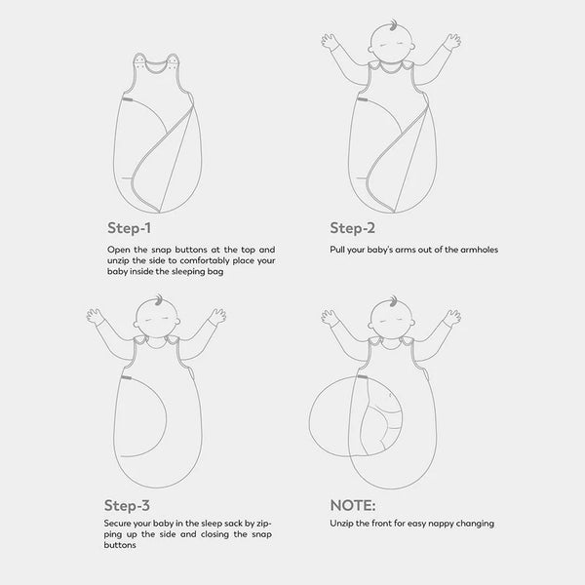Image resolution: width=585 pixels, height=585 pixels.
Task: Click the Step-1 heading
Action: [129, 228]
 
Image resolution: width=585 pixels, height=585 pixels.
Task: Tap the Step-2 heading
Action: [352, 228]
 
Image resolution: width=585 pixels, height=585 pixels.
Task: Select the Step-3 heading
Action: [127, 505]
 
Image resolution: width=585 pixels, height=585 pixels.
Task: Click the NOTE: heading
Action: [353, 505]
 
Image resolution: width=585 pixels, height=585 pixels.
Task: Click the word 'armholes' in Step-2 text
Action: [479, 250]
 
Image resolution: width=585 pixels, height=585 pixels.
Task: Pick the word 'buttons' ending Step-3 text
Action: [120, 545]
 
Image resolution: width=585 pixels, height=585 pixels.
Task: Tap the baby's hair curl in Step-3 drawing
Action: [159, 299]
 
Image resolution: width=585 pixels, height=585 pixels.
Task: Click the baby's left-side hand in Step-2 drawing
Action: [330, 41]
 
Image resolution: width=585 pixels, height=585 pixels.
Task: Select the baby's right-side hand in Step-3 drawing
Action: [217, 316]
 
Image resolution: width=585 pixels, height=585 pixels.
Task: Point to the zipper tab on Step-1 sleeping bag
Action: [127, 99]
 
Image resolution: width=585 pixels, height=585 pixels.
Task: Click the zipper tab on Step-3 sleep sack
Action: [126, 378]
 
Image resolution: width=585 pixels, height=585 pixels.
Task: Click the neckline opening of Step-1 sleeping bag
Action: [157, 66]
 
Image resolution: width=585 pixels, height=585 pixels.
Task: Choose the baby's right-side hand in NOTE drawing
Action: [452, 318]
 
